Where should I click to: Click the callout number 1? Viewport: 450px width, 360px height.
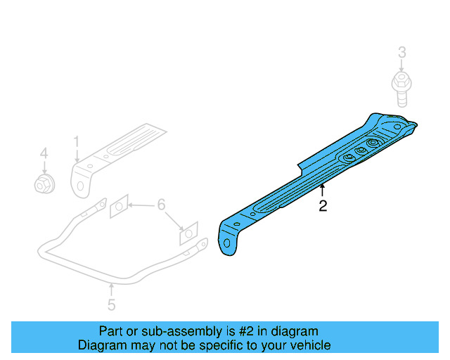(76, 142)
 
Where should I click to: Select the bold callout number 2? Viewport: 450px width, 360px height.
(322, 206)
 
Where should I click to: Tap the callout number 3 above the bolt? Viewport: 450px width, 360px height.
(402, 52)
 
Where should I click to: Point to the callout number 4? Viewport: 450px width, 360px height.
(44, 153)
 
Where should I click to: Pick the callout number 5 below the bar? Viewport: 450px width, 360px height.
(111, 304)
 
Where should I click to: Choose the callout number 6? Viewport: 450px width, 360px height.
(161, 205)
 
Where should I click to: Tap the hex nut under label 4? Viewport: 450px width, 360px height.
(44, 184)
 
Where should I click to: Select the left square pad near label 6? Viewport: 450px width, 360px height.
(119, 207)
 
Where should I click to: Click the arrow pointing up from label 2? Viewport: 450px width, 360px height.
(322, 190)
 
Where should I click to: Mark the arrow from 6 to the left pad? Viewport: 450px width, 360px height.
(141, 205)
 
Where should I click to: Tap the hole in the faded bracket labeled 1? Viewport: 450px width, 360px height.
(80, 186)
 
